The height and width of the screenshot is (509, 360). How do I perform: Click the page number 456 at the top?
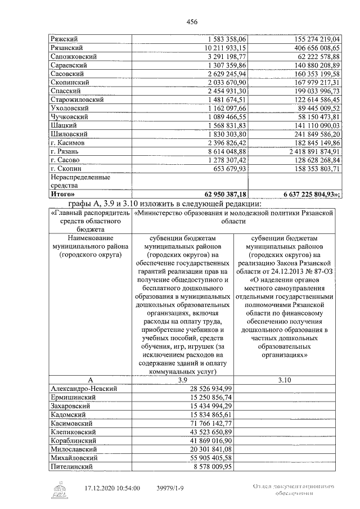click(x=191, y=21)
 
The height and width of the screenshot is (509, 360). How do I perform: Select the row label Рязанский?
click(x=67, y=49)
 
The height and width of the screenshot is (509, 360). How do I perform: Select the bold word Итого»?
click(x=64, y=193)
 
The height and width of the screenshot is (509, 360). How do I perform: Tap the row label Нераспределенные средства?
click(x=73, y=181)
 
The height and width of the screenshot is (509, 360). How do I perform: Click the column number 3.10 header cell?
click(x=285, y=380)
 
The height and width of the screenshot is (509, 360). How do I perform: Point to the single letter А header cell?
click(x=90, y=380)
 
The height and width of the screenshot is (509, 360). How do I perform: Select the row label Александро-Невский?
click(x=83, y=388)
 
